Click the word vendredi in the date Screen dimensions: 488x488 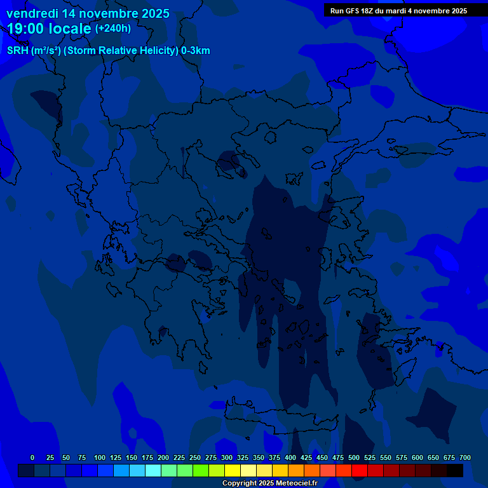pos(32,13)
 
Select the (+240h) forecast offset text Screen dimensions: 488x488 pos(113,29)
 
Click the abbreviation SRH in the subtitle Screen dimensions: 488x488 pos(17,51)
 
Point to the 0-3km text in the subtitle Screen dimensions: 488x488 pos(195,51)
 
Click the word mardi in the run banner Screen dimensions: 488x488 pos(406,11)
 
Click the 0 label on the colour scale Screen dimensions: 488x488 pos(32,457)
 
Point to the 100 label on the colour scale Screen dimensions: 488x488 pos(100,457)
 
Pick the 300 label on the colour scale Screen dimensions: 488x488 pos(227,457)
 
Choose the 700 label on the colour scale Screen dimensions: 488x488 pos(464,457)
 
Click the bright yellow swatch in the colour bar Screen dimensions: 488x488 pos(233,470)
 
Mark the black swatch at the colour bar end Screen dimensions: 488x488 pos(455,470)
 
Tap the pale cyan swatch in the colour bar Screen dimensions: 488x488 pos(153,470)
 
